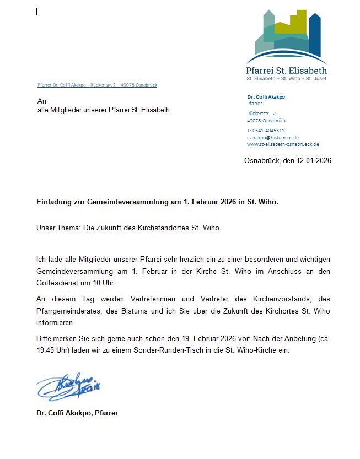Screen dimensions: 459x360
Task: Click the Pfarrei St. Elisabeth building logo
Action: (287, 36)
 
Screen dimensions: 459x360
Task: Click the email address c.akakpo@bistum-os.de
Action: (273, 137)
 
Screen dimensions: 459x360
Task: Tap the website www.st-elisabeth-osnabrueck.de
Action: (283, 144)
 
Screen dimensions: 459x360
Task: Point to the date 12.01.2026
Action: (314, 160)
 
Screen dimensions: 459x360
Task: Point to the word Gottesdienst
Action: (60, 283)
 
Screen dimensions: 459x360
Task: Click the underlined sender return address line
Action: (97, 85)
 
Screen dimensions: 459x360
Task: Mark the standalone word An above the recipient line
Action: (41, 101)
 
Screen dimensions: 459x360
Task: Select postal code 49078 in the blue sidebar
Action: (254, 121)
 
